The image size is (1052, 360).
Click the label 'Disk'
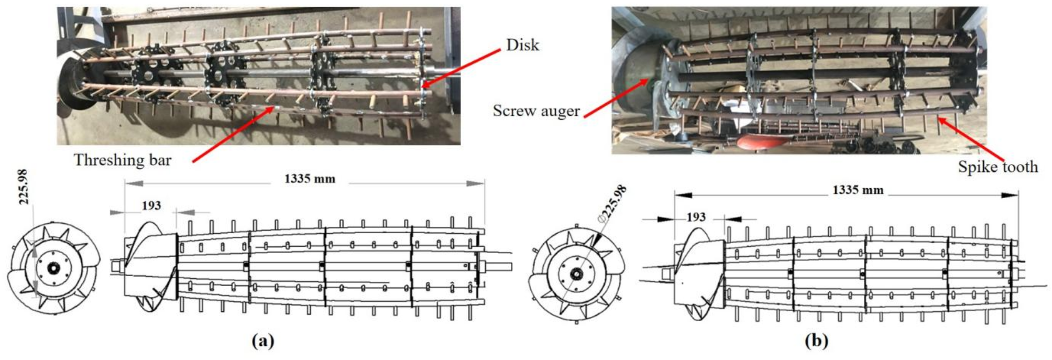522,45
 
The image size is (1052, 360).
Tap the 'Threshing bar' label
123,160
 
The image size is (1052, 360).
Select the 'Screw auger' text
536,111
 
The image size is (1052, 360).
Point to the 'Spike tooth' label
998,167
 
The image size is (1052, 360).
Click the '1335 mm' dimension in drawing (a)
310,179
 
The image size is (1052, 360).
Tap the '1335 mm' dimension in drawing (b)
858,190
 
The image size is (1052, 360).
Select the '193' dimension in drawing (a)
151,205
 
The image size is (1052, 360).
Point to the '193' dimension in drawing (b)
696,217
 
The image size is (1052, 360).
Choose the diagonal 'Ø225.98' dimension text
613,204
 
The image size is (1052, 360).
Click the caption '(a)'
262,341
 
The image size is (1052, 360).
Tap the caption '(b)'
816,341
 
